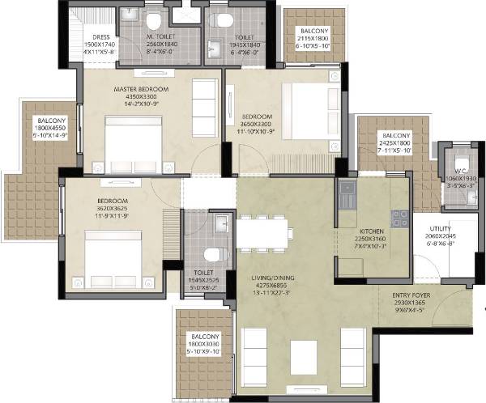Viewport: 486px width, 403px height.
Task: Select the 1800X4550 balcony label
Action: click(x=44, y=121)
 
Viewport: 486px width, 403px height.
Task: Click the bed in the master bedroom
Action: click(x=134, y=141)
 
